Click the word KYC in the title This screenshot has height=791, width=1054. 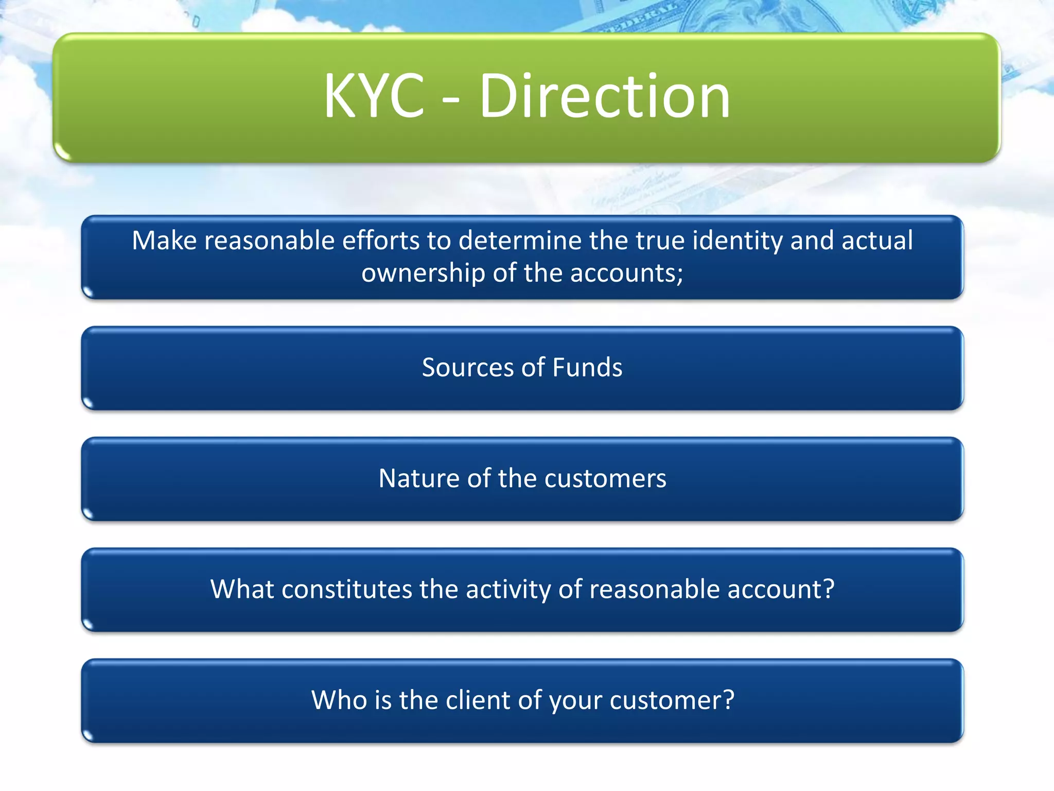[x=374, y=96]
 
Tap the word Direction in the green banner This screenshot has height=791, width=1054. [x=605, y=96]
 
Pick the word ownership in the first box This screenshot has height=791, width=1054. [x=424, y=273]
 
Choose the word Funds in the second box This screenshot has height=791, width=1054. [x=587, y=368]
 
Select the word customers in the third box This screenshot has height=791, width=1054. [x=605, y=478]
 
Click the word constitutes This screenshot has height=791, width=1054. [x=346, y=589]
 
